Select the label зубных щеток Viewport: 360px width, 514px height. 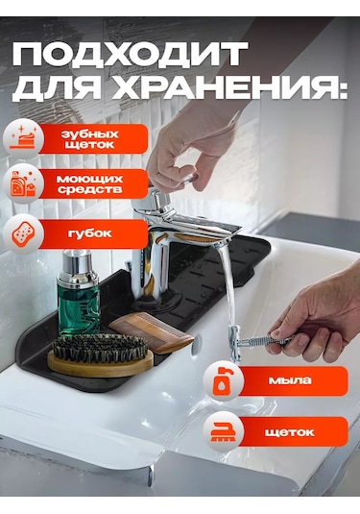[x=89, y=138]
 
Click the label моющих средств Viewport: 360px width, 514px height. [x=89, y=185]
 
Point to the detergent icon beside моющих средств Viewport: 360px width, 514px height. [x=22, y=184]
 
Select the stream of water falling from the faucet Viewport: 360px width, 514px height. [x=227, y=288]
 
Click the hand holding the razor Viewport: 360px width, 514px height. [x=317, y=317]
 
